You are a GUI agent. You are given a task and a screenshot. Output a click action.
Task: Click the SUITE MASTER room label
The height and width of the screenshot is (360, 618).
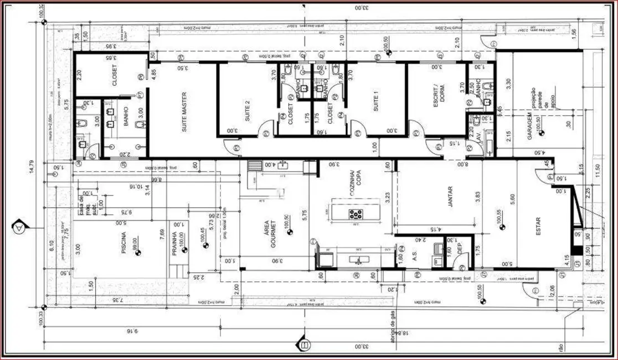tap(184, 111)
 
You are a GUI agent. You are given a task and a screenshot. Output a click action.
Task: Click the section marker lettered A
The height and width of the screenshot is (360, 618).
tap(19, 227)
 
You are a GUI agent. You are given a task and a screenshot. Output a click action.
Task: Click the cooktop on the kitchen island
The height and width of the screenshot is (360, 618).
tap(355, 213)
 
